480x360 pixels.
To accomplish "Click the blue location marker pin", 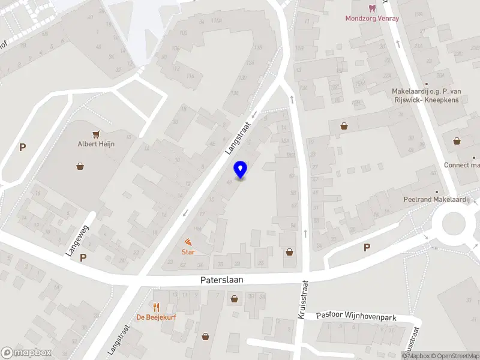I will click(241, 169).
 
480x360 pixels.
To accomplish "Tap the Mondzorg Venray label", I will click(371, 18).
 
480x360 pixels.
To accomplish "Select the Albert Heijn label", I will click(96, 144).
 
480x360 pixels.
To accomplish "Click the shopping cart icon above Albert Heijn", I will click(95, 134).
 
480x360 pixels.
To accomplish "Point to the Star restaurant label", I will click(188, 252).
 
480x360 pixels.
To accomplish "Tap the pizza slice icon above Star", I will click(188, 242).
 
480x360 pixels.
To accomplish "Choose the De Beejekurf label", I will click(156, 317).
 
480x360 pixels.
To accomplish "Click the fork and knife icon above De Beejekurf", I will click(156, 307).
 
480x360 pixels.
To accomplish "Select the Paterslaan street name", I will click(221, 280).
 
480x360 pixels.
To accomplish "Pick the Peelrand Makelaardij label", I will click(435, 199).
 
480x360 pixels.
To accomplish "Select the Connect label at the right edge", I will click(461, 165).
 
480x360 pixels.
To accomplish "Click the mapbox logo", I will click(26, 353).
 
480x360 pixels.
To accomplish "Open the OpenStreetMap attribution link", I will click(454, 356).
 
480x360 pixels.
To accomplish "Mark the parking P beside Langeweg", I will click(83, 257).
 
